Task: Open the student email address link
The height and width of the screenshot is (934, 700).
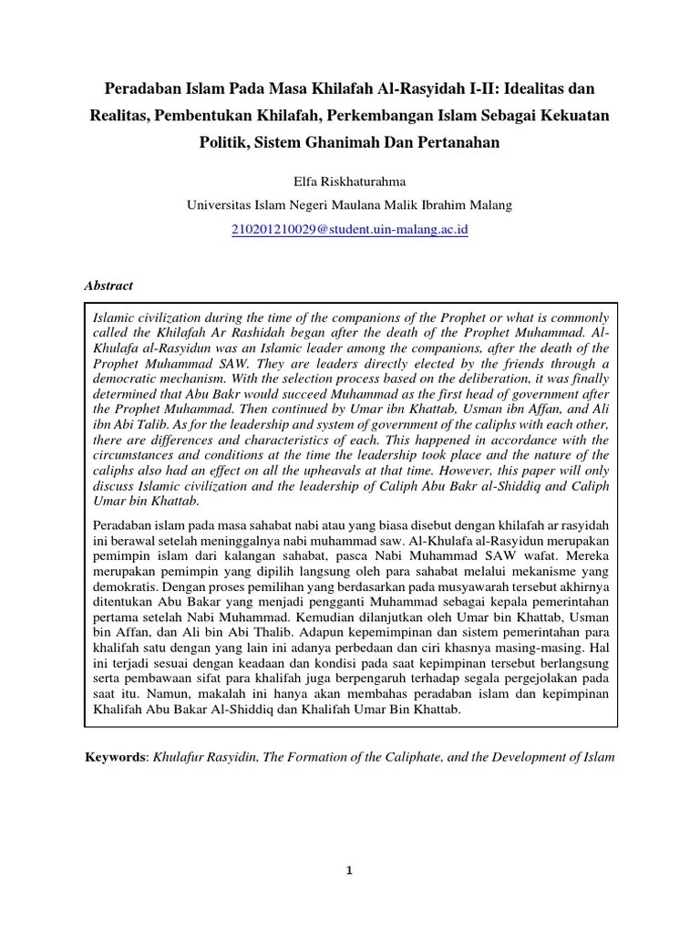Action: tap(349, 230)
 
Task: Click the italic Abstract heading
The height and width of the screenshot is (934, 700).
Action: tap(108, 285)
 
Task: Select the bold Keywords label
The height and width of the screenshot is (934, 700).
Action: tap(116, 757)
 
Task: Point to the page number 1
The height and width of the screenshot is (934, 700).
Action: tap(349, 871)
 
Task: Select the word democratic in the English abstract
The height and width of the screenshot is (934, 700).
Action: tap(129, 374)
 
